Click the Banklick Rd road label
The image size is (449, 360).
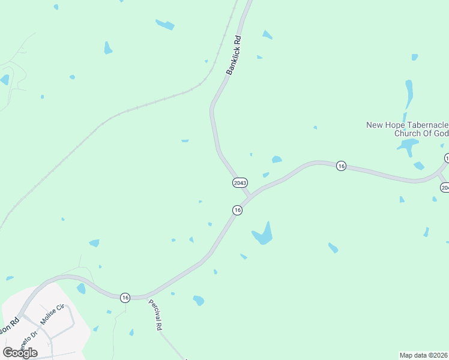pos(234,55)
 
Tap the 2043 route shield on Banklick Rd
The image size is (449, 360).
pos(240,182)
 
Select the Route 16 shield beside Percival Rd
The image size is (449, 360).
pos(125,297)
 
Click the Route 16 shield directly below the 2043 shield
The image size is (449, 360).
pos(238,210)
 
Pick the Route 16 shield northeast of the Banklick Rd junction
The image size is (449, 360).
pos(341,166)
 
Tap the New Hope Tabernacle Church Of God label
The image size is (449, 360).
pos(408,129)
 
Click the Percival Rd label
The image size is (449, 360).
pos(155,314)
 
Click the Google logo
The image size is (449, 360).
pos(20,352)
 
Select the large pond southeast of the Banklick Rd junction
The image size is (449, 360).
pos(263,234)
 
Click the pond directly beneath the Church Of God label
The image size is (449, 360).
pos(408,146)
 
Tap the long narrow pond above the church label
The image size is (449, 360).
pos(409,93)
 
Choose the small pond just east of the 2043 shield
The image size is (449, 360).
pos(265,175)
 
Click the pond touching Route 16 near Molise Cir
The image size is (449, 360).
pos(81,288)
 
